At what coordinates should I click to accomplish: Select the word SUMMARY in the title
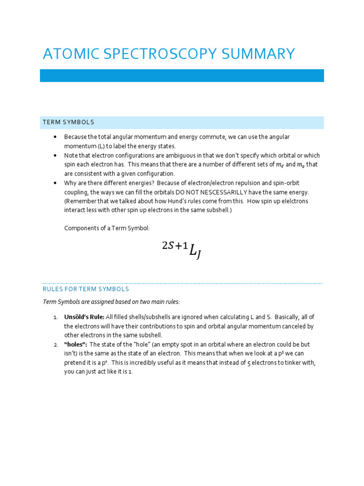pyautogui.click(x=263, y=54)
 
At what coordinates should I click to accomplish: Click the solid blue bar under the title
pyautogui.click(x=182, y=75)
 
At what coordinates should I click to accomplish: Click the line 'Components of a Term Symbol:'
pyautogui.click(x=107, y=228)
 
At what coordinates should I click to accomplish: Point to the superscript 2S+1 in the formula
pyautogui.click(x=174, y=245)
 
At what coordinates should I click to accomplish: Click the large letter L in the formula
pyautogui.click(x=193, y=252)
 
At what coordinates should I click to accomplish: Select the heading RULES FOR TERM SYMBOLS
pyautogui.click(x=86, y=289)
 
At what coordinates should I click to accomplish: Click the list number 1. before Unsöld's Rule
pyautogui.click(x=56, y=317)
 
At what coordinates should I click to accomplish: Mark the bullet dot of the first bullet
pyautogui.click(x=55, y=137)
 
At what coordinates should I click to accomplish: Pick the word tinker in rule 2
pyautogui.click(x=295, y=363)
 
